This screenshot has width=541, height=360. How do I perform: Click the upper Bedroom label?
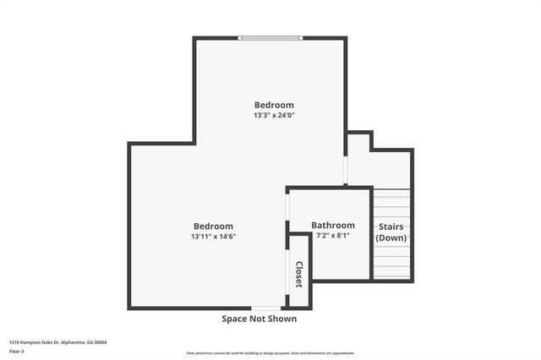(274, 105)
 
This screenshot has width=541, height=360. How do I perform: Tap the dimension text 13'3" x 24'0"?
(274, 115)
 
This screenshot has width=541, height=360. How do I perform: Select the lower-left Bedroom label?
(213, 226)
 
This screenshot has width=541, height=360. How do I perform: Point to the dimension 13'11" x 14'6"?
(213, 237)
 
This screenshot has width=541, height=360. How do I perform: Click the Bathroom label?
(333, 226)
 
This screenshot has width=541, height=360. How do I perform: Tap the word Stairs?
(391, 226)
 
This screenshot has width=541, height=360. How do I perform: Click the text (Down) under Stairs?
(391, 238)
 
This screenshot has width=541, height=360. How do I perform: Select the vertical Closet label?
(298, 274)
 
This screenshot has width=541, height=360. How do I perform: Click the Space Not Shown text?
(260, 319)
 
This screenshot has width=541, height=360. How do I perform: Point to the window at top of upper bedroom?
(270, 37)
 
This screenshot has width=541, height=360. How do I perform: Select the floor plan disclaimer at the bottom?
(270, 353)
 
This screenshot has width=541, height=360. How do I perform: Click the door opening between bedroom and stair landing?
(346, 168)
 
